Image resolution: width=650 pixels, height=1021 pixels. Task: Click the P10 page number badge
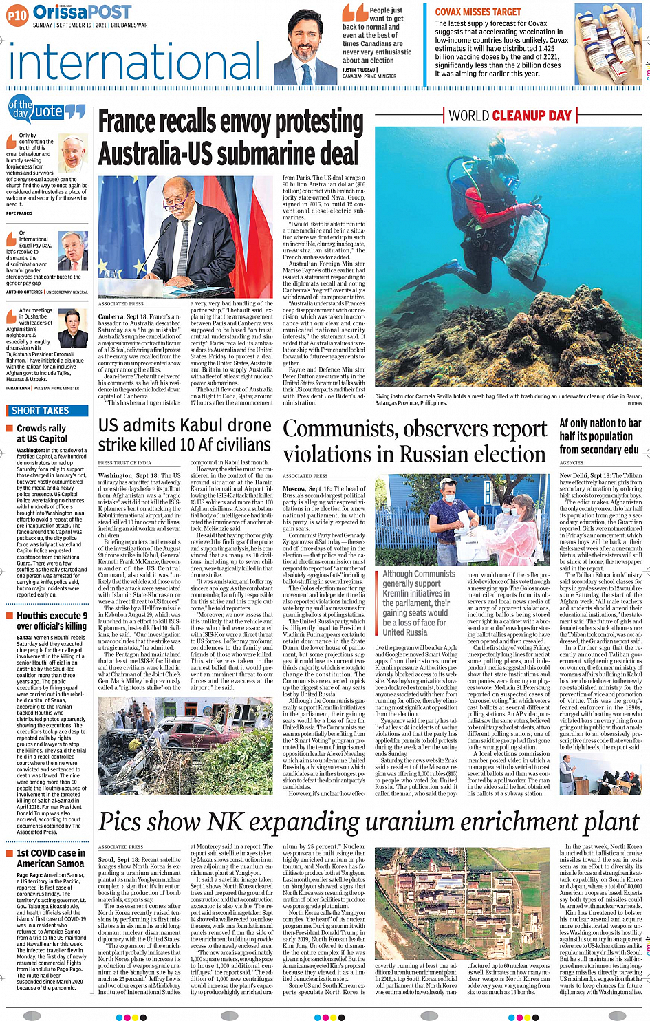click(x=17, y=14)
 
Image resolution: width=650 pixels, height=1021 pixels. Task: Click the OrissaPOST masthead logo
click(x=82, y=12)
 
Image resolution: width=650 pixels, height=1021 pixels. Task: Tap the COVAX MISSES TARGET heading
click(x=477, y=12)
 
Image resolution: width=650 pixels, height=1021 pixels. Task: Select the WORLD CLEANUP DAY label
click(x=510, y=116)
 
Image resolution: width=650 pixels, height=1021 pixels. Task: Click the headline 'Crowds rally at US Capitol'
click(x=41, y=433)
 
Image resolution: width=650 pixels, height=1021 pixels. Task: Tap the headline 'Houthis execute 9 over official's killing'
click(x=52, y=621)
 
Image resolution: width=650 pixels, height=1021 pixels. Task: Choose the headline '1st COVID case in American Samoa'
click(x=51, y=858)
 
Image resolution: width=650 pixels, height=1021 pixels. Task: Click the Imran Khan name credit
click(x=19, y=388)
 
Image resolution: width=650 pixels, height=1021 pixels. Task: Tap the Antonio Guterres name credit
click(x=24, y=292)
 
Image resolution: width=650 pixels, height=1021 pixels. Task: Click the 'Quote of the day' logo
click(x=46, y=111)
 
